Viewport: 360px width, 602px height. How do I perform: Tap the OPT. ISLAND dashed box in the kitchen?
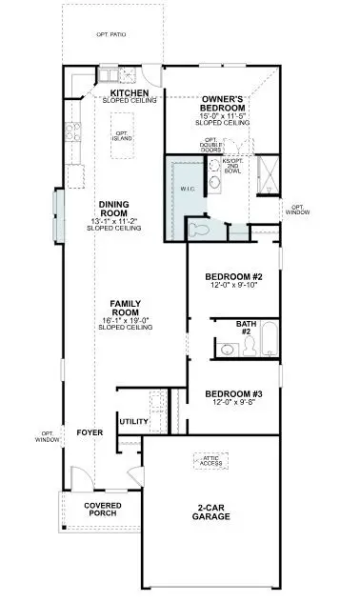(122, 136)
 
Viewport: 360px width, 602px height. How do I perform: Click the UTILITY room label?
(131, 420)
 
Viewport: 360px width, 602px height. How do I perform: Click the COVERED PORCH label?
(102, 510)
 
